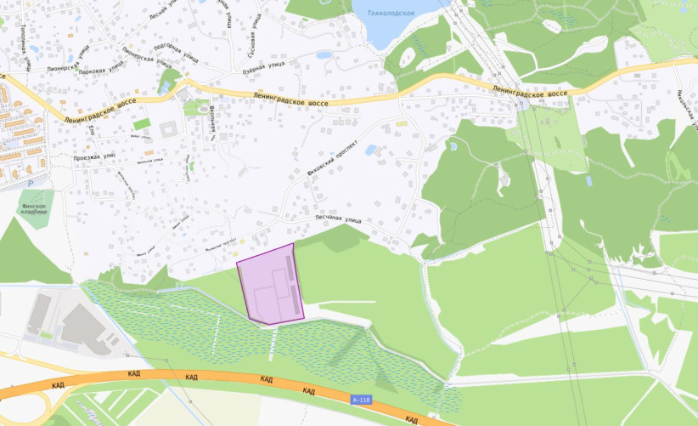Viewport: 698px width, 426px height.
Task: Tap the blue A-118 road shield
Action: (x=361, y=399)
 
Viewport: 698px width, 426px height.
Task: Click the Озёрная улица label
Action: (x=264, y=65)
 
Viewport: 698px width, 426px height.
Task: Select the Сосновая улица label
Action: (x=253, y=30)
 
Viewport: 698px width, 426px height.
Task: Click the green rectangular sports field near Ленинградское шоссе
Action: (x=141, y=125)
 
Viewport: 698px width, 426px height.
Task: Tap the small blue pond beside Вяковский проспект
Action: (x=372, y=150)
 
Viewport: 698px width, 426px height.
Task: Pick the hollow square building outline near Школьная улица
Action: (x=168, y=128)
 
